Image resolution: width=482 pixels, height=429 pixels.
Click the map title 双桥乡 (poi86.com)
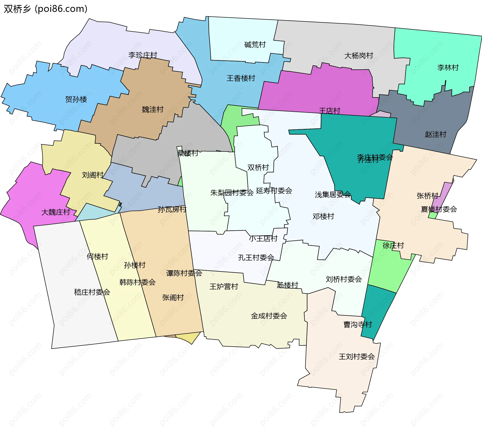click(45, 9)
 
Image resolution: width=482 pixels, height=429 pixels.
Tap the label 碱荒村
click(255, 45)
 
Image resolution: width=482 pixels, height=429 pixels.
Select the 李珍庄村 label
click(143, 55)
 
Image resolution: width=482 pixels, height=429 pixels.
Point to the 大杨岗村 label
click(358, 56)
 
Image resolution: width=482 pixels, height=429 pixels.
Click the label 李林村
click(448, 68)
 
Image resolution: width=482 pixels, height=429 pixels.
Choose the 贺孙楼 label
click(76, 99)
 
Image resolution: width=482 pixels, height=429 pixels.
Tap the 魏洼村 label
click(152, 110)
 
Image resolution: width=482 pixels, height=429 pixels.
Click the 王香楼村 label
click(241, 78)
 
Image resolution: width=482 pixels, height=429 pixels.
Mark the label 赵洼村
click(435, 134)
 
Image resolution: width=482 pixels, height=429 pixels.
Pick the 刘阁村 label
click(93, 175)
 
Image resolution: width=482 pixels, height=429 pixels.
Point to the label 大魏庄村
click(55, 212)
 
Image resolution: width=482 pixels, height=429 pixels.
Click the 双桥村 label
click(258, 168)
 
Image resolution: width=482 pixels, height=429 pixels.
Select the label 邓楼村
click(323, 216)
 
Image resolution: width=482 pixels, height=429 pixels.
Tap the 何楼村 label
click(97, 256)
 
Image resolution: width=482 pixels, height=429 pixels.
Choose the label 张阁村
click(173, 298)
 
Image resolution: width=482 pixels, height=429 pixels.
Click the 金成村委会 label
click(269, 316)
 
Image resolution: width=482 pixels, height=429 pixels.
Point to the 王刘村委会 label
click(356, 357)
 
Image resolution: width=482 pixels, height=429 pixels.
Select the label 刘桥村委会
click(344, 279)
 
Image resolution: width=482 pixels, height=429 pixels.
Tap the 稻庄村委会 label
click(92, 292)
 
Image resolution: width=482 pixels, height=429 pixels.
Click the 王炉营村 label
click(224, 287)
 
